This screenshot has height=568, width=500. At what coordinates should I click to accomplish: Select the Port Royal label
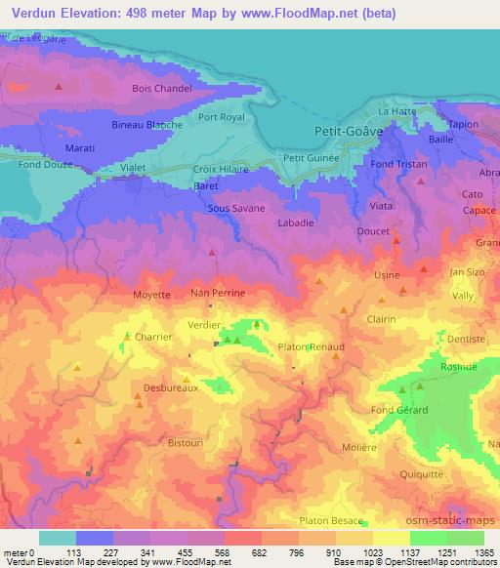(x=222, y=117)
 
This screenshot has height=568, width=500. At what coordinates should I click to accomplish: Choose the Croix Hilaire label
(x=221, y=168)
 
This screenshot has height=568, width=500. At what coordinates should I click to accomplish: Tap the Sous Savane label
(x=232, y=208)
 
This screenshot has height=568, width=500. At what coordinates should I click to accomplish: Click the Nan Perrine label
(x=218, y=293)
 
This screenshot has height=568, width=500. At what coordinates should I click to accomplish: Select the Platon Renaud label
(x=312, y=347)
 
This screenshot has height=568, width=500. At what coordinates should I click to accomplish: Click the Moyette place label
(x=150, y=293)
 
